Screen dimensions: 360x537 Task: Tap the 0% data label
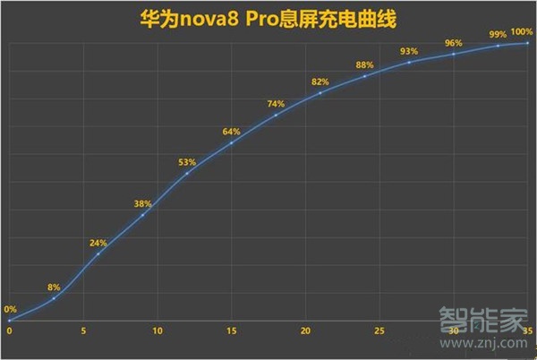click(x=10, y=309)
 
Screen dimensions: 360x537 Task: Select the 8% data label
click(x=54, y=287)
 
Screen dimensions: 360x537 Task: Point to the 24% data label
click(x=98, y=244)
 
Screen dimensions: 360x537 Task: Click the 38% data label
click(x=142, y=204)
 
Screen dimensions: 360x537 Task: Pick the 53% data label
click(x=187, y=163)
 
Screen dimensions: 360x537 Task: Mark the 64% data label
click(x=231, y=133)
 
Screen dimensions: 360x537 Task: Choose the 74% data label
click(x=276, y=104)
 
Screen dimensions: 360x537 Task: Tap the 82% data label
click(x=320, y=82)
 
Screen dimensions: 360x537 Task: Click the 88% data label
click(x=364, y=65)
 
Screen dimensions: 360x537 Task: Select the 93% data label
click(x=409, y=51)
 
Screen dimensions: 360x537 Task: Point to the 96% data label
click(x=453, y=42)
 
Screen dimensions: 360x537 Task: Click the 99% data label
click(x=498, y=34)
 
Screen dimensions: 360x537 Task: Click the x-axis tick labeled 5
click(x=83, y=331)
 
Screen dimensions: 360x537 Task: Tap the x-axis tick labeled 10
click(x=158, y=331)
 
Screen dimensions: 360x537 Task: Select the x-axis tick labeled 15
click(x=231, y=331)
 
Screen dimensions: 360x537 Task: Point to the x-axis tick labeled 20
click(x=305, y=331)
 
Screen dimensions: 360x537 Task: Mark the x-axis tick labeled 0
click(x=10, y=331)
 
